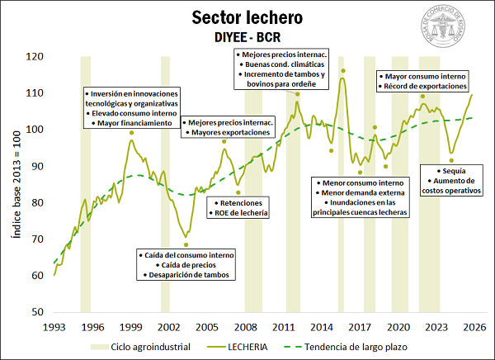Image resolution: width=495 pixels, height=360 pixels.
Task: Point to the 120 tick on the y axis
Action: tap(35, 57)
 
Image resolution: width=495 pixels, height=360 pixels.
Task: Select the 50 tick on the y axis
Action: tap(36, 312)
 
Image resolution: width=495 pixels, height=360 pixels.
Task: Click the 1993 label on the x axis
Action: tap(54, 327)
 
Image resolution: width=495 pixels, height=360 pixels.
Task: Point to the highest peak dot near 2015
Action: tap(342, 70)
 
